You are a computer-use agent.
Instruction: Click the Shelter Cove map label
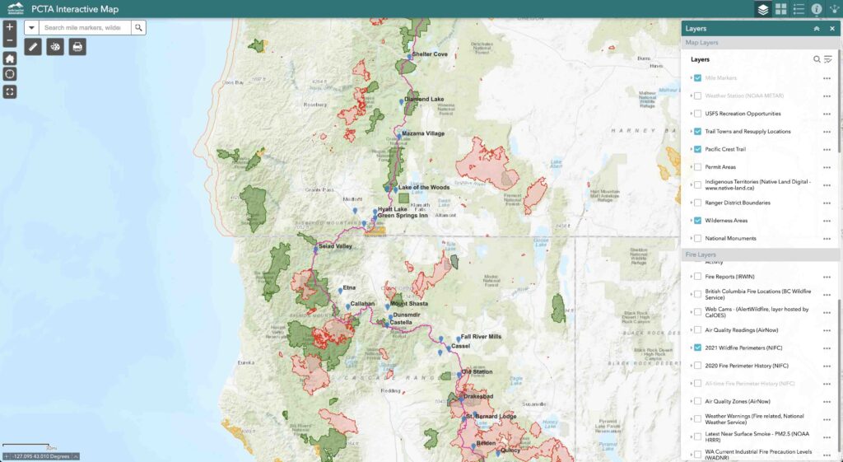click(430, 54)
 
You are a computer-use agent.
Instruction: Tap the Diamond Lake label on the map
click(425, 100)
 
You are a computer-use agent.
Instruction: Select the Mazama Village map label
click(423, 133)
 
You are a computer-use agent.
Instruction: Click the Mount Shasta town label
click(410, 304)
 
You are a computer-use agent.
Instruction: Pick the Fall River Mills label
click(481, 337)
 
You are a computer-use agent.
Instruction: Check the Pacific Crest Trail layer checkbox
click(697, 149)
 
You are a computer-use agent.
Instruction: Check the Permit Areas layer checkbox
click(697, 167)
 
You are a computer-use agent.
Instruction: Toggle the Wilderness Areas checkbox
click(697, 221)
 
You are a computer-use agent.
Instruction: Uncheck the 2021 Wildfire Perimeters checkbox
click(697, 348)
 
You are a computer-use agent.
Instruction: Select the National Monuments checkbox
click(697, 239)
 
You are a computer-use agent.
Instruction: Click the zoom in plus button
click(9, 27)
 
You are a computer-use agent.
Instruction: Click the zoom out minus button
click(9, 40)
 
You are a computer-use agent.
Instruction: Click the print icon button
click(77, 47)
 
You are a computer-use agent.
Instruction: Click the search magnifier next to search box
click(138, 27)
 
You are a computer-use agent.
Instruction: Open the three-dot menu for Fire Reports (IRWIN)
click(827, 277)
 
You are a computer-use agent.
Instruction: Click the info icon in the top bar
click(817, 9)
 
